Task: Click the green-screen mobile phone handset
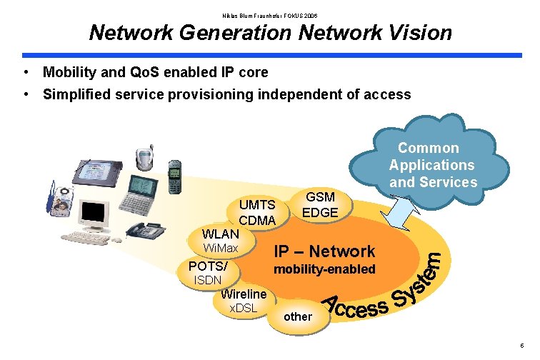(174, 176)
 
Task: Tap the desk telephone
(146, 229)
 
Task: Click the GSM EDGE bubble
(320, 205)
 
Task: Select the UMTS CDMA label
(257, 213)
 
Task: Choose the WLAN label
(221, 234)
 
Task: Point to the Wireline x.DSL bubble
(244, 301)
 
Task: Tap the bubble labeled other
(298, 316)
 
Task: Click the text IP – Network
(325, 251)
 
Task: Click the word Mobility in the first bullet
(69, 72)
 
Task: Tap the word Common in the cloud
(429, 148)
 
